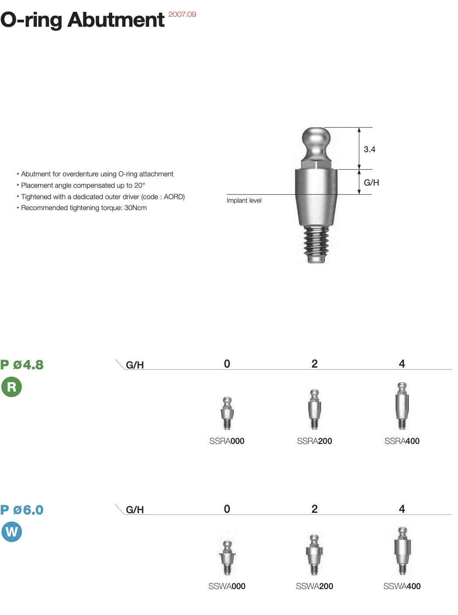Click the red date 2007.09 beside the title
pyautogui.click(x=182, y=14)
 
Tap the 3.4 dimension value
pyautogui.click(x=369, y=149)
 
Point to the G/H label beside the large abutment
pyautogui.click(x=371, y=182)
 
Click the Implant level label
pyautogui.click(x=244, y=200)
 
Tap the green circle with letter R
pyautogui.click(x=12, y=386)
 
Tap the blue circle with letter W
pyautogui.click(x=12, y=532)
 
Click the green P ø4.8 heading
pyautogui.click(x=22, y=365)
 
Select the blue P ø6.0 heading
pyautogui.click(x=22, y=510)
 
